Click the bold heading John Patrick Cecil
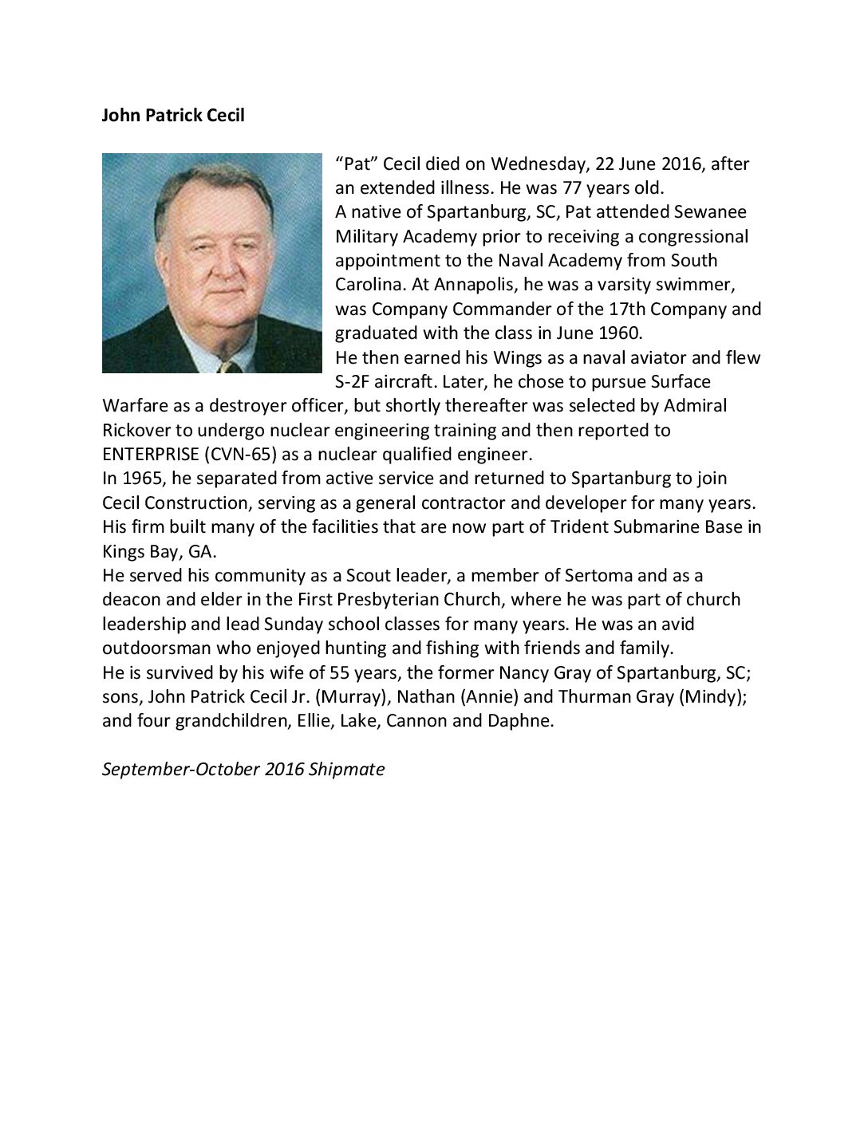click(173, 116)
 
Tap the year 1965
click(140, 479)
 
